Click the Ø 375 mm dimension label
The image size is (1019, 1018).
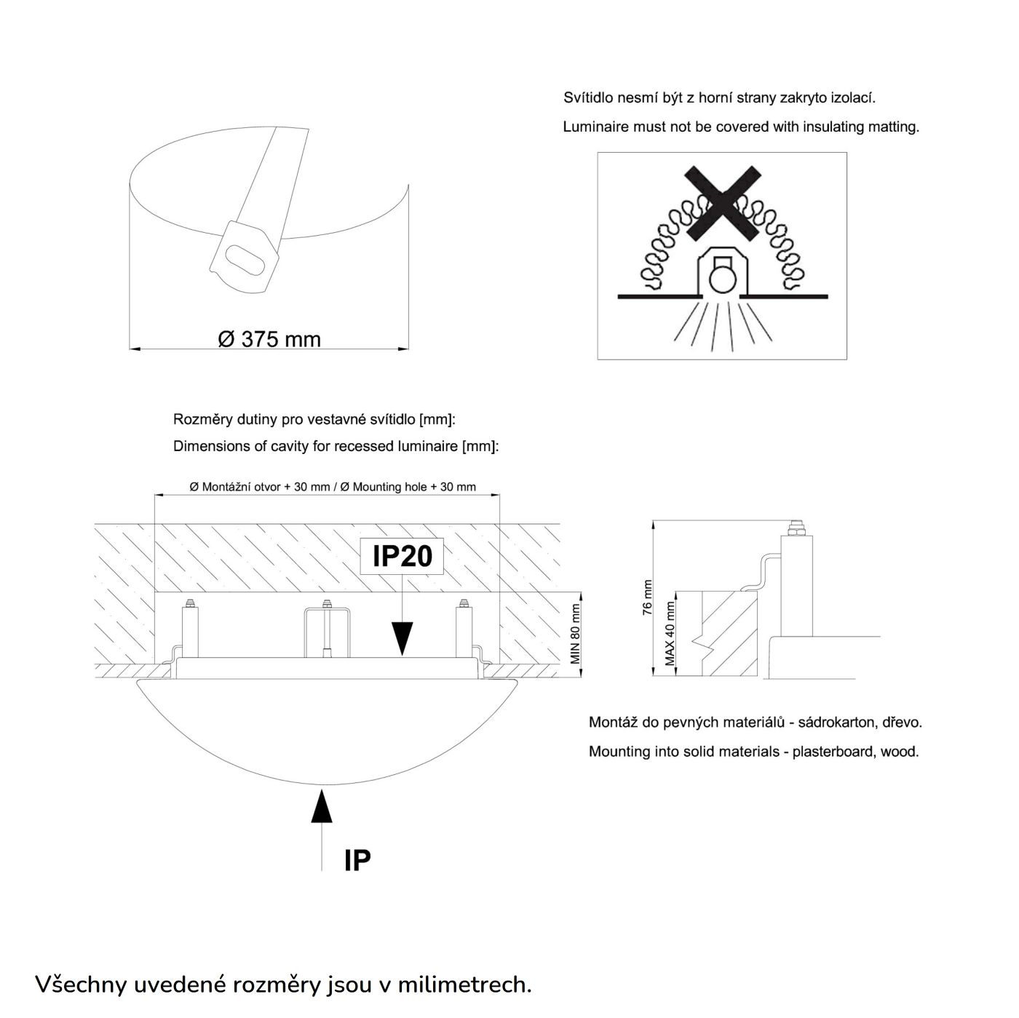(269, 339)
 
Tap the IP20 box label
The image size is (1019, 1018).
(402, 557)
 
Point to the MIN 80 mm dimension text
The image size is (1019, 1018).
(575, 634)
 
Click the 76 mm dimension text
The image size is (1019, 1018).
(647, 598)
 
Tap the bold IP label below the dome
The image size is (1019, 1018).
(357, 860)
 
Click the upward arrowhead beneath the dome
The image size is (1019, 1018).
(322, 807)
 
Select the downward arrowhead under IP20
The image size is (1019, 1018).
(401, 637)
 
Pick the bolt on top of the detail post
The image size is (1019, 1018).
(798, 525)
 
